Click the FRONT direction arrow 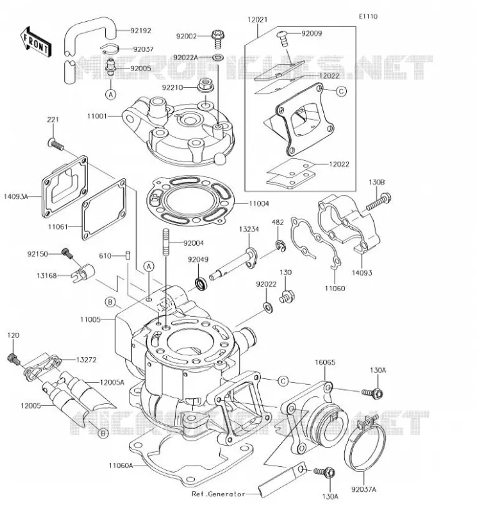click(x=36, y=42)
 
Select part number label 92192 click(x=140, y=31)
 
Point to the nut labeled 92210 click(x=205, y=85)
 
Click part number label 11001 click(x=97, y=116)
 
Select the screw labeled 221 click(x=56, y=144)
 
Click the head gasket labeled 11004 click(x=192, y=201)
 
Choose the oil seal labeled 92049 click(x=201, y=283)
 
